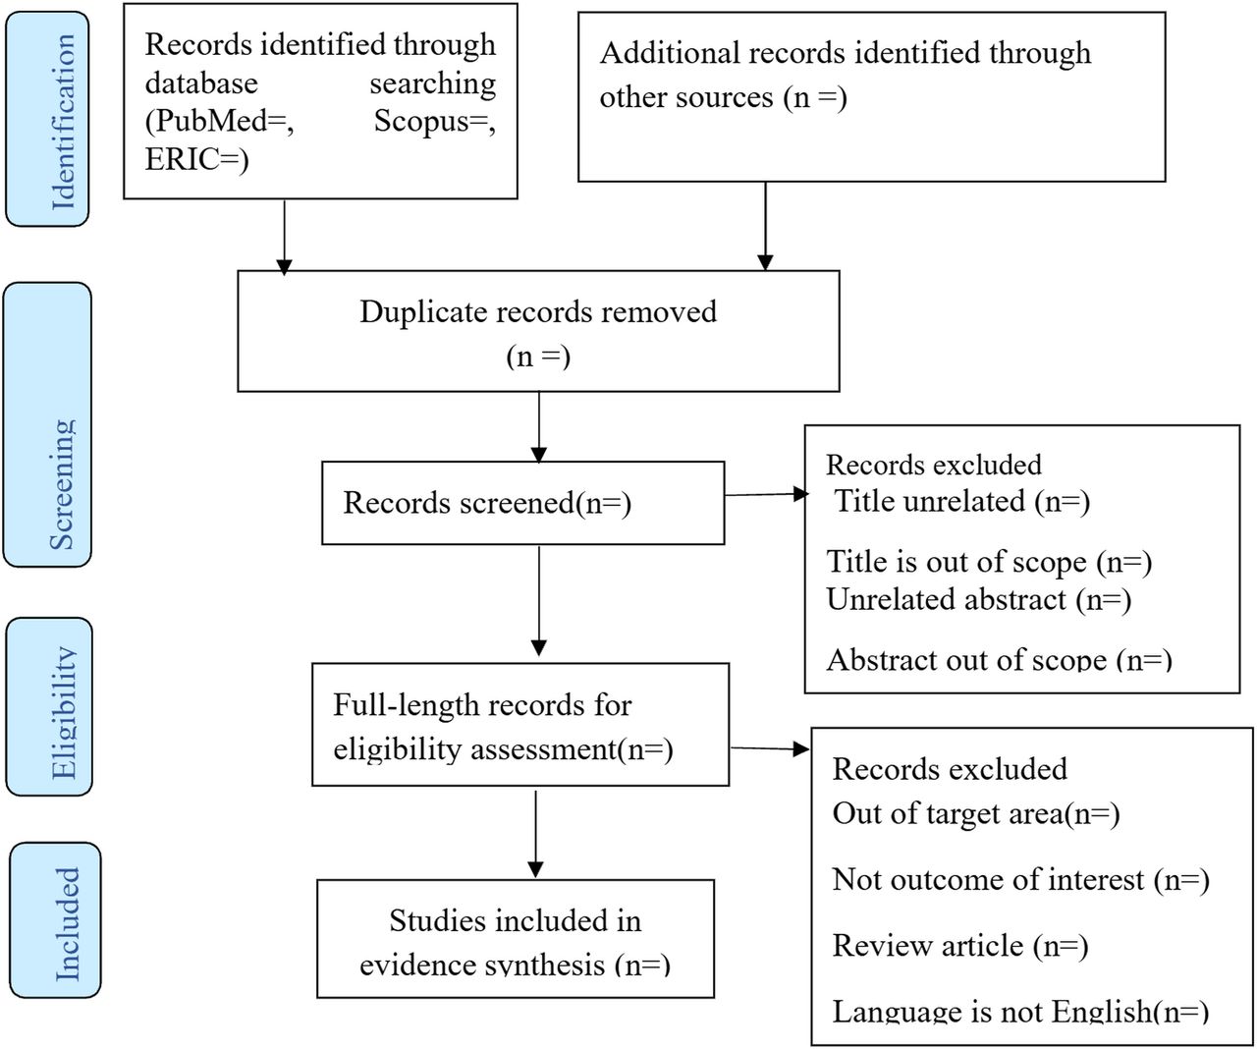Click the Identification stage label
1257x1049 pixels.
[x=64, y=122]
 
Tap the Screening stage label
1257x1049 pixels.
[x=62, y=484]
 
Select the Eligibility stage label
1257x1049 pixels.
[x=65, y=713]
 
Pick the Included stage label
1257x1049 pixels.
[x=68, y=924]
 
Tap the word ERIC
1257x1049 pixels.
[x=182, y=159]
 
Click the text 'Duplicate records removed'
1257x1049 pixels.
[x=538, y=312]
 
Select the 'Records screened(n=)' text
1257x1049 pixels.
[x=487, y=503]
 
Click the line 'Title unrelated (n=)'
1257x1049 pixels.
[x=961, y=501]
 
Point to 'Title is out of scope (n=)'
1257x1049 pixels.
[x=989, y=562]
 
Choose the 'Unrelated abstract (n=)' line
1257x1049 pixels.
[x=979, y=599]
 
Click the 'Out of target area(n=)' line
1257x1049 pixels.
[x=976, y=813]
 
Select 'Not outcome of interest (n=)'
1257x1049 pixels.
[x=1020, y=880]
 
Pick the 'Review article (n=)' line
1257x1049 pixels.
[x=960, y=946]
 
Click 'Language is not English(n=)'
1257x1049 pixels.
[x=1020, y=1011]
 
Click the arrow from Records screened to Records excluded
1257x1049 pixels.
[x=766, y=494]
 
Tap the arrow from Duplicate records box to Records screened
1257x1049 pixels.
[x=539, y=427]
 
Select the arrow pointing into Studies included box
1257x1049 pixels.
[x=536, y=834]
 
